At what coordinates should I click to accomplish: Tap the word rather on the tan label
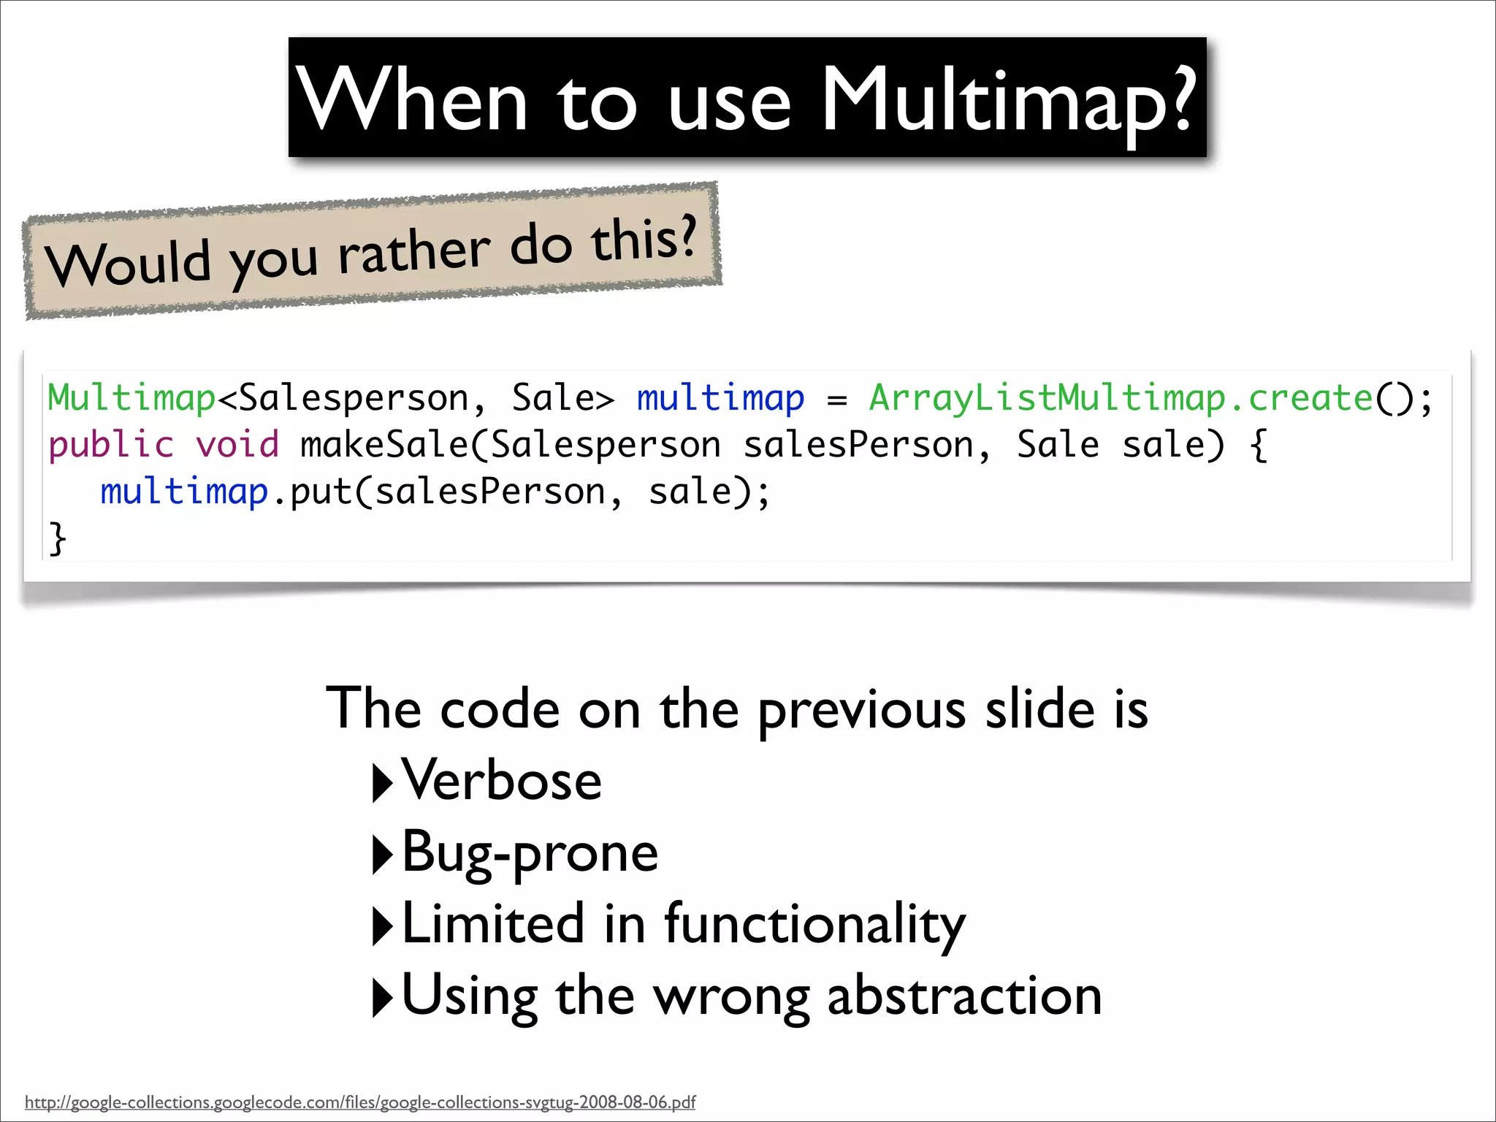(x=414, y=253)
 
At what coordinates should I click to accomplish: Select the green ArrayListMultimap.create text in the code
(x=1121, y=398)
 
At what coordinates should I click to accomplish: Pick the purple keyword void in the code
(x=237, y=445)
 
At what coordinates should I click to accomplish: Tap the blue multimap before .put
(x=184, y=492)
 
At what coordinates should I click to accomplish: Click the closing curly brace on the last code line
(x=57, y=539)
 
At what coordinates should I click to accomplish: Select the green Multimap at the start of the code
(x=131, y=398)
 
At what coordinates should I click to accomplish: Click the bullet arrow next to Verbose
(x=382, y=782)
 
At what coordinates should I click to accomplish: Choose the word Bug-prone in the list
(x=530, y=852)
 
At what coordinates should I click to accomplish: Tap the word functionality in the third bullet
(x=814, y=924)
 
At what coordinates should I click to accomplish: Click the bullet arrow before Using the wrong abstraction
(x=382, y=997)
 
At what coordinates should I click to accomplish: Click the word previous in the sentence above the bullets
(x=862, y=711)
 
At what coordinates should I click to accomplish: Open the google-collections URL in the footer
(x=360, y=1102)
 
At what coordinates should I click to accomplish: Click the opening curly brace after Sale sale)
(x=1259, y=445)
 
